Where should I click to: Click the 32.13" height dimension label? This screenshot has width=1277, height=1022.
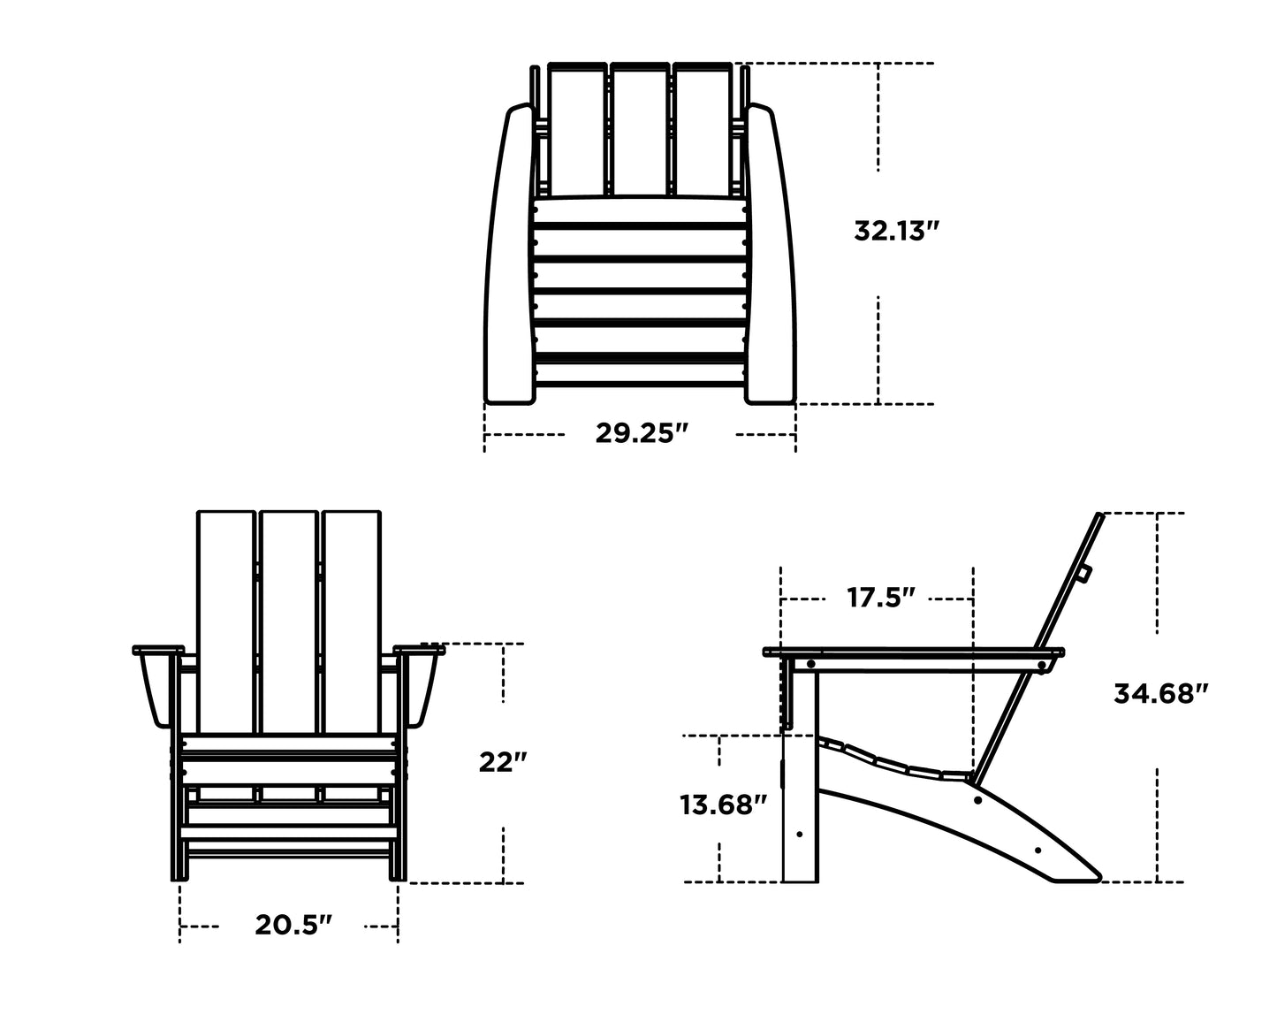(x=895, y=232)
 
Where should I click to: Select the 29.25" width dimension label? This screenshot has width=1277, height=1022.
(x=641, y=434)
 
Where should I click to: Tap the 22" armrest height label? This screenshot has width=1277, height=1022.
(x=503, y=762)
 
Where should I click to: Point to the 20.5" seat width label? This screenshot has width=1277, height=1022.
(x=293, y=926)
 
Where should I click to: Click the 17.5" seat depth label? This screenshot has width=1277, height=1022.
(x=880, y=599)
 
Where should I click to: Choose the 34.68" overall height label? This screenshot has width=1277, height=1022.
(x=1159, y=694)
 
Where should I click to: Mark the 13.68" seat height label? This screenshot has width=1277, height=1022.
(x=723, y=805)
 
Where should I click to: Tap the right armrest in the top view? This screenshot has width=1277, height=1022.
(x=771, y=256)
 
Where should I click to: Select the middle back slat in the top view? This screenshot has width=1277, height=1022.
(x=640, y=128)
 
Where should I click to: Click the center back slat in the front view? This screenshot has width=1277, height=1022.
(x=289, y=619)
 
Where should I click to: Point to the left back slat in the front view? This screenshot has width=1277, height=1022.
(x=226, y=619)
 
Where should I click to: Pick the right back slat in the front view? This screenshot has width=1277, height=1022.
(x=352, y=619)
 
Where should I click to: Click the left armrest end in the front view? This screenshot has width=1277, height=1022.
(x=156, y=685)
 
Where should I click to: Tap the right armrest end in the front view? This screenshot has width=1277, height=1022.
(x=422, y=685)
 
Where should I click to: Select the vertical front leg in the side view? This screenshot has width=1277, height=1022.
(x=801, y=796)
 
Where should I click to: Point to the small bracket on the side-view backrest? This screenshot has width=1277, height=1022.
(x=1083, y=575)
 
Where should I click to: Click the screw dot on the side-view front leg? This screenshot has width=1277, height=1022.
(x=800, y=833)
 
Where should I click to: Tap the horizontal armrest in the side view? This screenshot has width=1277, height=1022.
(x=910, y=653)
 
